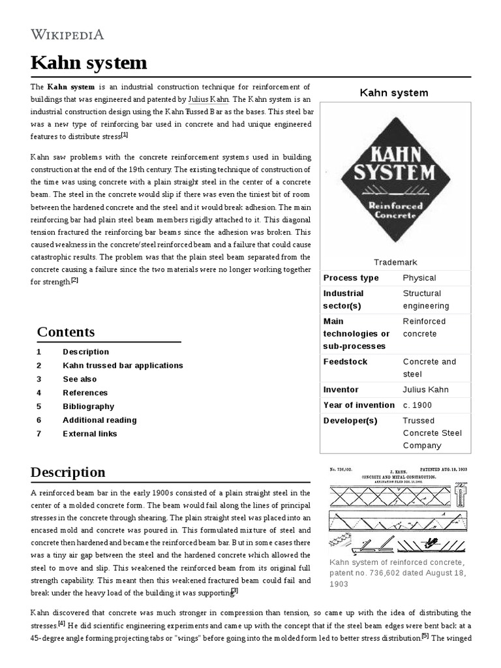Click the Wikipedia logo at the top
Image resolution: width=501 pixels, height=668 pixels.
click(x=67, y=35)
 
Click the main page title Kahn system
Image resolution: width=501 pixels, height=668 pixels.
click(x=89, y=63)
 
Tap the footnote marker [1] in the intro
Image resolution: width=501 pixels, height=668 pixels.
click(x=125, y=135)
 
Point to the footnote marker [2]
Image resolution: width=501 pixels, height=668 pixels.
click(x=74, y=281)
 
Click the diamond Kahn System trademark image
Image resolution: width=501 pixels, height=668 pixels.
click(x=394, y=179)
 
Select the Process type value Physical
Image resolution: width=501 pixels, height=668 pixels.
click(x=419, y=278)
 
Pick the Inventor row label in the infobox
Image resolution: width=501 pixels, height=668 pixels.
click(x=341, y=389)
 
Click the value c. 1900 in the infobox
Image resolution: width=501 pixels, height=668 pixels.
click(x=417, y=405)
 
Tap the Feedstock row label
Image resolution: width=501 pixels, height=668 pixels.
click(x=346, y=362)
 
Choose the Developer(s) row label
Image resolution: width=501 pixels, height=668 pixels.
click(x=350, y=421)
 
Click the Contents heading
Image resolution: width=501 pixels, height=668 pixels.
click(x=66, y=332)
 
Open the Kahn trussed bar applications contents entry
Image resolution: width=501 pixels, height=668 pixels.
click(x=123, y=365)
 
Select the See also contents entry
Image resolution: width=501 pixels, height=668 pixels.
click(x=80, y=379)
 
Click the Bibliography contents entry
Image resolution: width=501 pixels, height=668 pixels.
click(x=88, y=406)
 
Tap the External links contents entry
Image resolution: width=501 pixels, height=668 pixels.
click(x=90, y=434)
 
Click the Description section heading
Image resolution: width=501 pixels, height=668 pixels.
click(x=68, y=472)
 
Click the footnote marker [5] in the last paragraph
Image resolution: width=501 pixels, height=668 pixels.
click(x=425, y=637)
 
